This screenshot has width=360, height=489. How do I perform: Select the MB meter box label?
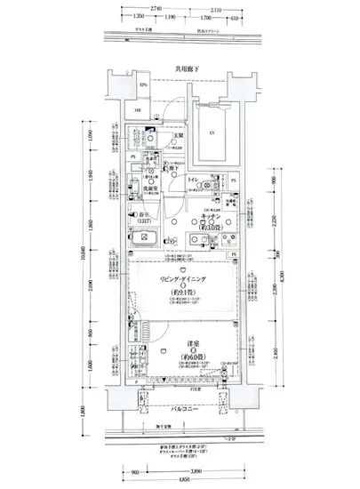pos(138,110)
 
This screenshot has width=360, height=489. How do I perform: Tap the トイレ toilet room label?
pos(192,179)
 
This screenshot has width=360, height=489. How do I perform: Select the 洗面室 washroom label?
pos(151,188)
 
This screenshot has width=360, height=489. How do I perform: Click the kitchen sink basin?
pos(193,238)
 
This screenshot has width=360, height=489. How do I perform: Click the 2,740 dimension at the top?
pos(156,7)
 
